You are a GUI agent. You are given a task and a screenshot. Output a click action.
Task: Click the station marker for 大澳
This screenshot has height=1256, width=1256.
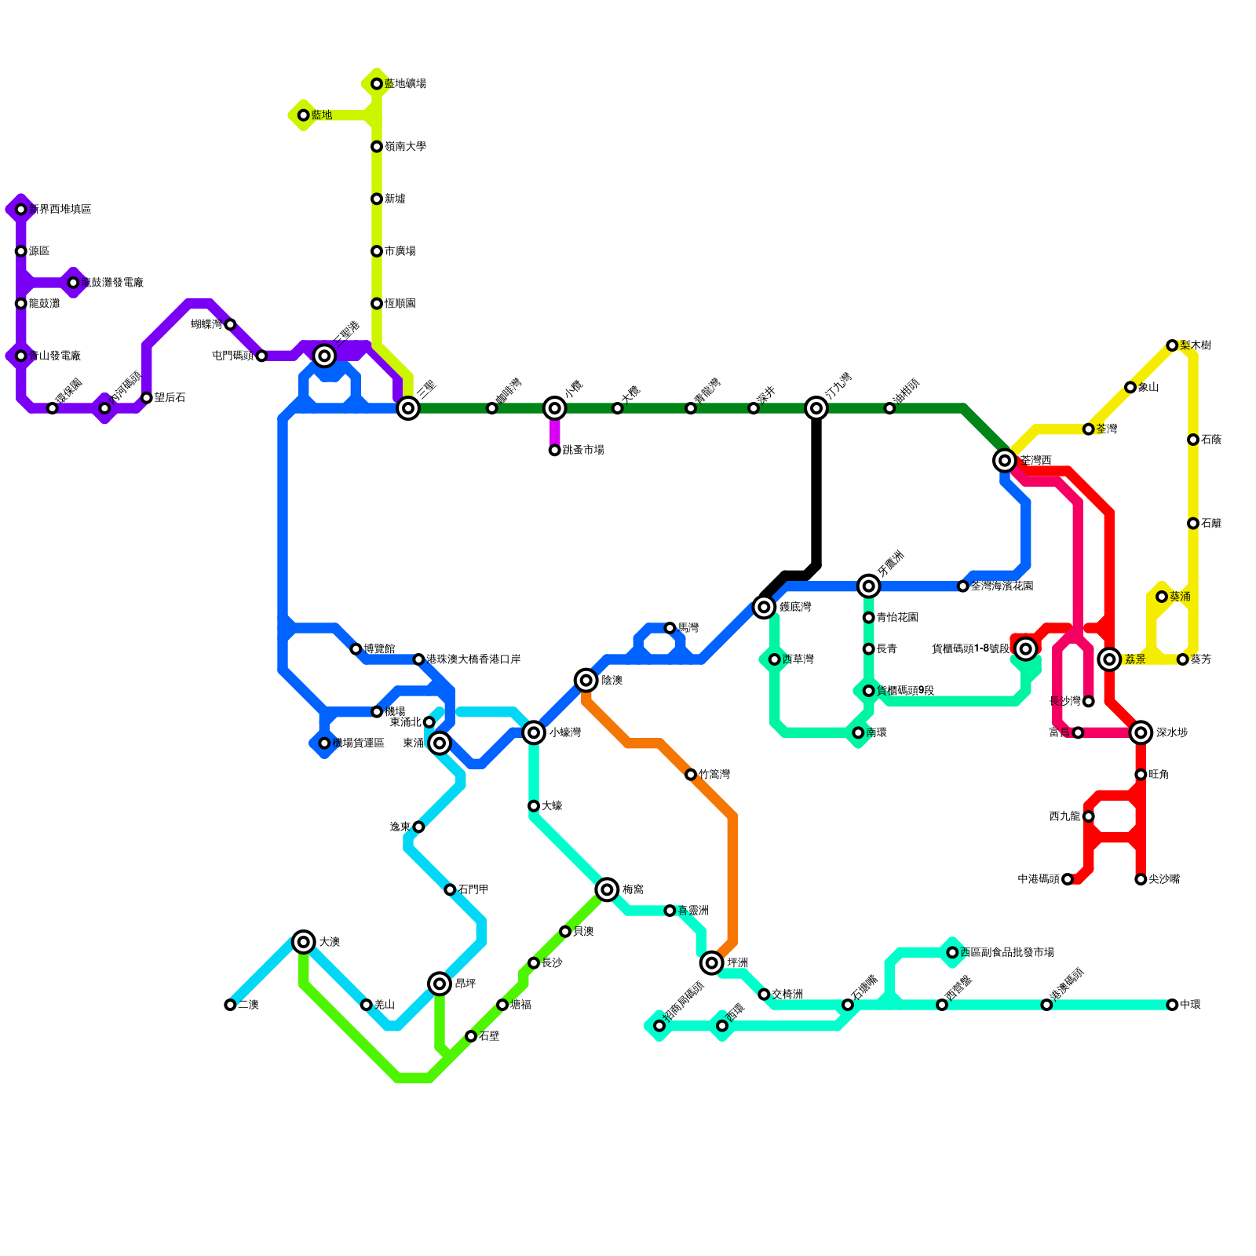[304, 942]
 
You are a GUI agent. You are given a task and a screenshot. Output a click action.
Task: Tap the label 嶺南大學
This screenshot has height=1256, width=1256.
[405, 147]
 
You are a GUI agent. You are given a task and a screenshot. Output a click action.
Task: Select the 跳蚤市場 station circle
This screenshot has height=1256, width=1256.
[555, 451]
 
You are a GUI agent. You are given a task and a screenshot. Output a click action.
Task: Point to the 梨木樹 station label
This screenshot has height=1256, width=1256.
[1195, 345]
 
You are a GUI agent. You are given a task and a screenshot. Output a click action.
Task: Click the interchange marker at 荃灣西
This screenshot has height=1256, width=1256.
[1005, 460]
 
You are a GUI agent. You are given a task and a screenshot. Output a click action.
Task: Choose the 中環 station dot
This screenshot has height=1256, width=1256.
[1172, 1005]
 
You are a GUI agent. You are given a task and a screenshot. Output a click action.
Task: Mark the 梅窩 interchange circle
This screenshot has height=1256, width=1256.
[607, 889]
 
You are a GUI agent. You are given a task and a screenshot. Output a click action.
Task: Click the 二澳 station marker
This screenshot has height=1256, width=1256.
[230, 1005]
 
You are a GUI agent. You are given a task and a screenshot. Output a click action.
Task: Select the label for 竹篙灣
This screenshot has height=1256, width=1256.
[714, 775]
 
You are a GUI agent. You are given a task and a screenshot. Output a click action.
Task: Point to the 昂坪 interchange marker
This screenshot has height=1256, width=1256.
[440, 984]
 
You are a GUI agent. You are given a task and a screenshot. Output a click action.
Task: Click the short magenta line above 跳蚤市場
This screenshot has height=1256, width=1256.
[555, 430]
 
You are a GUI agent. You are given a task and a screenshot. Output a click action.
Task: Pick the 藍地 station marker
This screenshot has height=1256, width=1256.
[304, 115]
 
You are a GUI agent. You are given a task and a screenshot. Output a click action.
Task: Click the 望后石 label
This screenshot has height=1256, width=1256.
[170, 398]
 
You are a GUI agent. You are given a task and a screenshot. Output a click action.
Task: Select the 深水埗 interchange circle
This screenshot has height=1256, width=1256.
[1141, 732]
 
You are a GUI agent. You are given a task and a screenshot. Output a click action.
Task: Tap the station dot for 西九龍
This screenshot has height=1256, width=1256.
[1088, 816]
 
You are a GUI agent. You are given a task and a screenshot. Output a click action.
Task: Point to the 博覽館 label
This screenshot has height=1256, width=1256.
[379, 649]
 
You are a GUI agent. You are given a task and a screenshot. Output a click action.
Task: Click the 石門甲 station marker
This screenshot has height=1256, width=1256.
[450, 889]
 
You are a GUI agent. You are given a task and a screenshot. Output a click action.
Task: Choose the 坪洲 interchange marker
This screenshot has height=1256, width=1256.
[712, 962]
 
